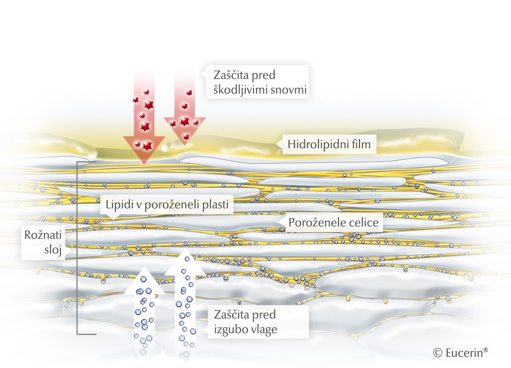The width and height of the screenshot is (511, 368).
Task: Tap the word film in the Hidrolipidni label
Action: (x=362, y=145)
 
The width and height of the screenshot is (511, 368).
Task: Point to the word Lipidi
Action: (x=116, y=205)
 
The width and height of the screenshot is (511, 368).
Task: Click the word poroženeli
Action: (x=169, y=205)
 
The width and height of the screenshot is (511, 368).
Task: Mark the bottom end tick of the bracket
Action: (x=87, y=334)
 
